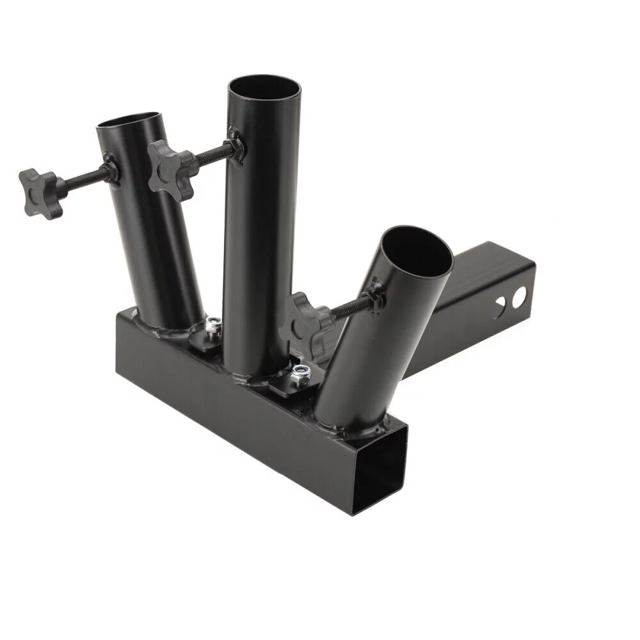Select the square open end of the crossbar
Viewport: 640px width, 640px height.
pyautogui.click(x=380, y=464)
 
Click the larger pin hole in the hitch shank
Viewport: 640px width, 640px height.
pyautogui.click(x=518, y=296)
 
